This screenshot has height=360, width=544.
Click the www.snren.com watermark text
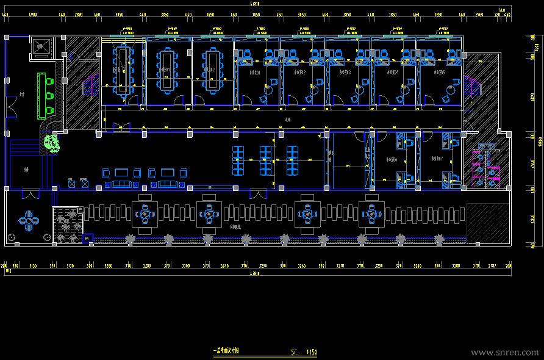click(505, 352)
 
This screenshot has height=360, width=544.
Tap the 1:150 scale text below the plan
click(310, 352)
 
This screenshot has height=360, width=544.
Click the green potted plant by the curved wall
click(52, 143)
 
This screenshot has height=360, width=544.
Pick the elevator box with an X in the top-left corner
click(43, 47)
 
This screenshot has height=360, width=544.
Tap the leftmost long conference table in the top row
click(124, 67)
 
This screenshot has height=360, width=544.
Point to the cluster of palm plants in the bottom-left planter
click(68, 226)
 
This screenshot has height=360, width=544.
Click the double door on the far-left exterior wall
click(10, 108)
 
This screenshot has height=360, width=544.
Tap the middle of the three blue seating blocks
click(266, 160)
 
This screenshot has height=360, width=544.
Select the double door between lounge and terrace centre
click(258, 195)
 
